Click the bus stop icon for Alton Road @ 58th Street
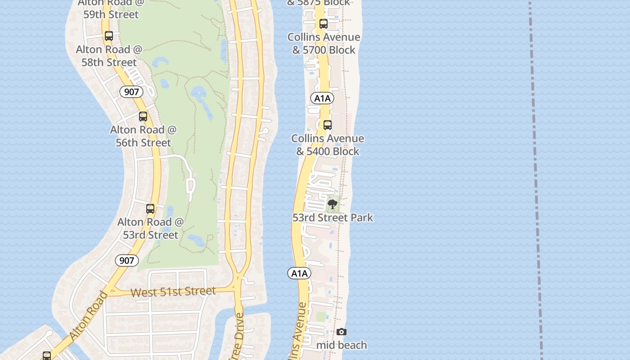coord(109,36)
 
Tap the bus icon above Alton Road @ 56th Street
coord(143,117)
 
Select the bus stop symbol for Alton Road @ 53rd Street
coord(150,209)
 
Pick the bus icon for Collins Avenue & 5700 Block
coord(324,24)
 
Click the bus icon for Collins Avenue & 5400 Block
coord(328,125)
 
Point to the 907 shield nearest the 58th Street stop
coord(131,92)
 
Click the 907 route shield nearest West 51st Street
coord(126,260)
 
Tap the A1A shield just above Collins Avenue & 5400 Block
coord(322,98)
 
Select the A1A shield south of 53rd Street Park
coord(299,273)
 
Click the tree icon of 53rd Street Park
coord(333,204)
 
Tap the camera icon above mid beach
coord(342,332)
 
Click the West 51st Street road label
coord(173,292)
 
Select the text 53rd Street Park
coord(333,218)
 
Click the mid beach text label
coord(342,345)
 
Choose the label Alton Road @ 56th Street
coord(144,136)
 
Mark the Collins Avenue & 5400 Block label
coord(328,145)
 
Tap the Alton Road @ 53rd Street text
coord(151,228)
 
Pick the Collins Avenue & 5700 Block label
coord(324,44)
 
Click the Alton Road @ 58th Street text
coord(109,56)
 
